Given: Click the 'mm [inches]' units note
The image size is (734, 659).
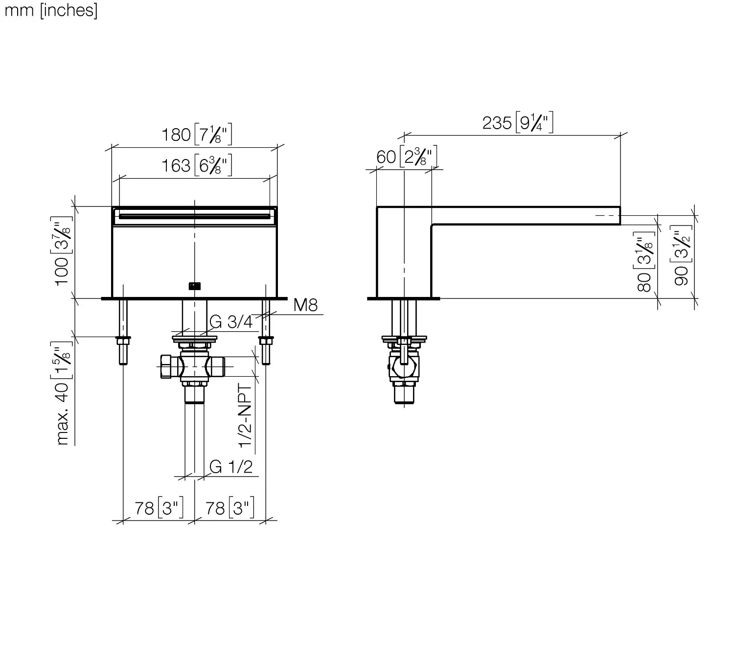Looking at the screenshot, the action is coord(51,10).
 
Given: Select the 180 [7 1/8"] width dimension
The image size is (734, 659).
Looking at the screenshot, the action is coord(196,135).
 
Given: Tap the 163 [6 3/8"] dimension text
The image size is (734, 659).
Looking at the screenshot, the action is coord(196,165).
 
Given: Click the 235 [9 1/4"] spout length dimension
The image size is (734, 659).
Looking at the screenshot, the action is coord(518,122).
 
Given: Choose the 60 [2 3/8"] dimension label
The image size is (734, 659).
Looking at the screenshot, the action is coord(407,157).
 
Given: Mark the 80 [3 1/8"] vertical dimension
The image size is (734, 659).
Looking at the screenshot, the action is coord(644,262).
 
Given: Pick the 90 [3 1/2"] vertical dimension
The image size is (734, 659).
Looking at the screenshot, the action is coord(681,255).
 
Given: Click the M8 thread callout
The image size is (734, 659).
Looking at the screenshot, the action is coord(305,305).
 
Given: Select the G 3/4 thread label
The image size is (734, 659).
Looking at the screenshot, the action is coord(231,322).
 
